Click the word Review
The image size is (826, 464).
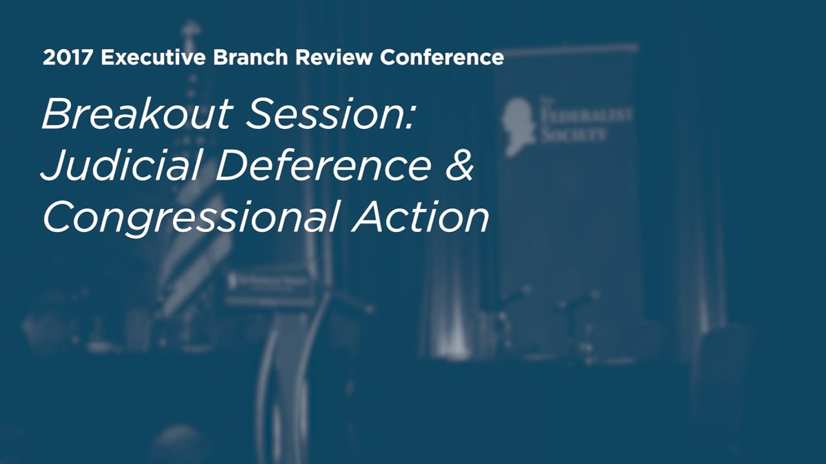click(334, 57)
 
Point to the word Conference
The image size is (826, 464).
click(442, 57)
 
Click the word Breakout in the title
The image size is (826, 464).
click(137, 115)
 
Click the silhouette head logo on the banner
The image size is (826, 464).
click(520, 126)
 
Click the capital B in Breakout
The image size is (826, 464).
click(57, 115)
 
